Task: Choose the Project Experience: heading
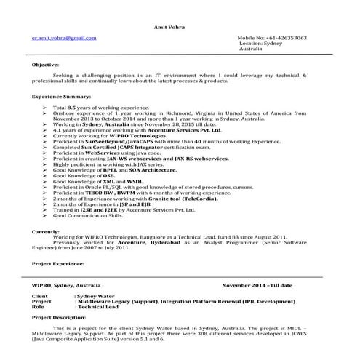[63, 263]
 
